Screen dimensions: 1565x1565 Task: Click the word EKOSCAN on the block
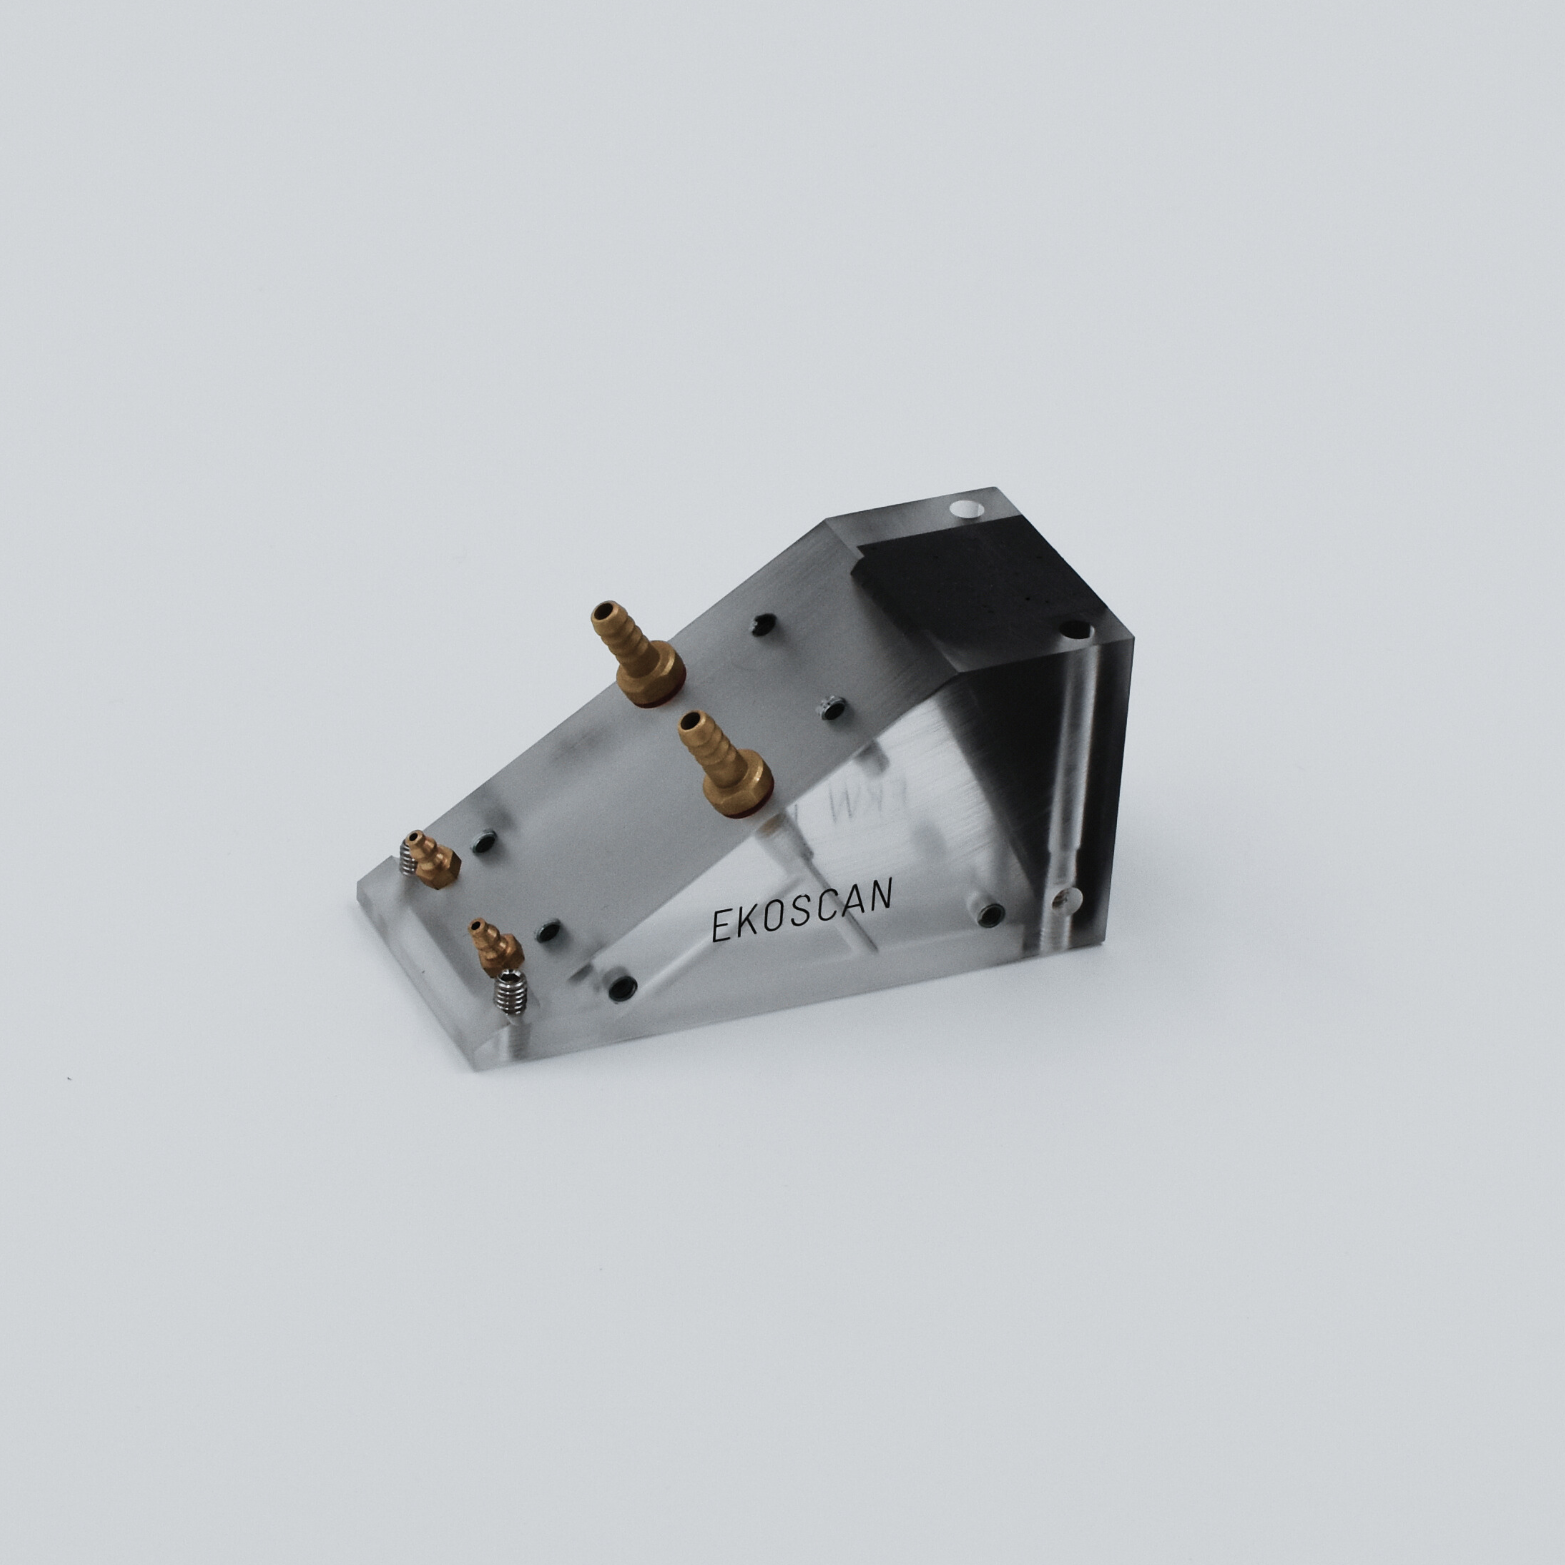point(802,910)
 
